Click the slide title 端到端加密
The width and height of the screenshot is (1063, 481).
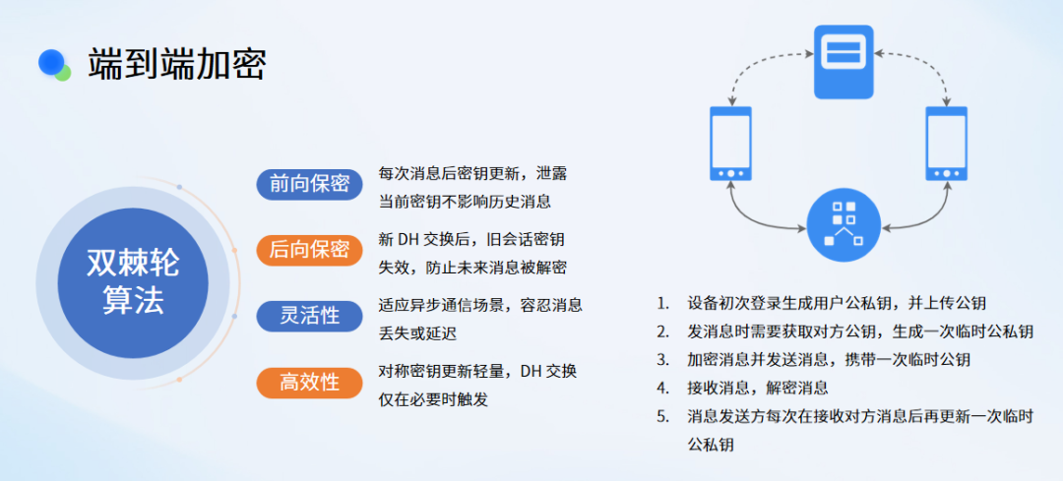176,64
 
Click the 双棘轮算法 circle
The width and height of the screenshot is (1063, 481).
133,282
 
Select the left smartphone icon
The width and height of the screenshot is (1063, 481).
730,143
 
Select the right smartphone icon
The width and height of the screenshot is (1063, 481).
947,143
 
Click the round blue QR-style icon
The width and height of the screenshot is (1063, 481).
844,225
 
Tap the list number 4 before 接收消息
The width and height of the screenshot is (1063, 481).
661,389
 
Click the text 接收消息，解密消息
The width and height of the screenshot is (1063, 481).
757,389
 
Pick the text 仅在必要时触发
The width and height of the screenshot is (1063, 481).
433,399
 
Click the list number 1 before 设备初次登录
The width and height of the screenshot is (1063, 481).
661,303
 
